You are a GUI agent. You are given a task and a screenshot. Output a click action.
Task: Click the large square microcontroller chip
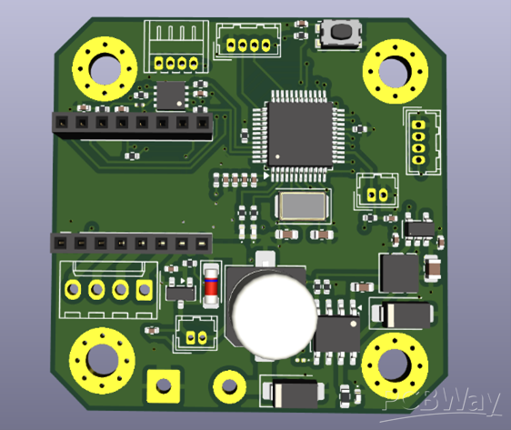point(300,135)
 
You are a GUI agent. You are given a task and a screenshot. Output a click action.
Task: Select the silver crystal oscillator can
point(303,205)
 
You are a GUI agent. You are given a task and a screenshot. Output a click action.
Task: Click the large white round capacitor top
point(275,316)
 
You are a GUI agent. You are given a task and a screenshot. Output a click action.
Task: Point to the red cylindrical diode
point(211,285)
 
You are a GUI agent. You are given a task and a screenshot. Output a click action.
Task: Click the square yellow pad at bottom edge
point(164,385)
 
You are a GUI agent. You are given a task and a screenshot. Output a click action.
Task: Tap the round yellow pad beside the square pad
point(229,386)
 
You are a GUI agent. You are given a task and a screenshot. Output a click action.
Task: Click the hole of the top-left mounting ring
point(105,70)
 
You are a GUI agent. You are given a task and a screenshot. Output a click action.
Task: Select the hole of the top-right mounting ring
point(395,72)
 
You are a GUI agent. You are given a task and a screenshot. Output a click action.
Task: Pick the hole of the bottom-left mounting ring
point(102,361)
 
